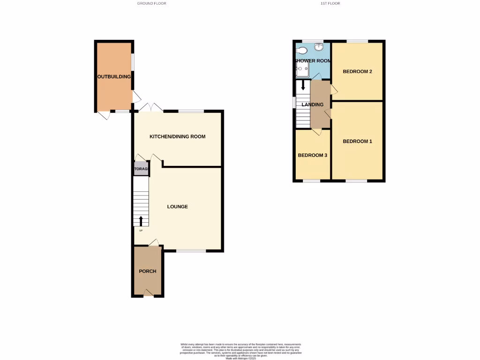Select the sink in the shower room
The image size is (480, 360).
click(318, 46)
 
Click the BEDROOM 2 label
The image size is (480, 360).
click(357, 72)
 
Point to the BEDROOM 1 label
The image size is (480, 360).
click(357, 141)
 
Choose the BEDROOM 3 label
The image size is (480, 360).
click(313, 155)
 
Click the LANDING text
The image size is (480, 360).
click(313, 105)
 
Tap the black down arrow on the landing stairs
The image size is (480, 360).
click(303, 85)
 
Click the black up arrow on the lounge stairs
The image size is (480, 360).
click(141, 221)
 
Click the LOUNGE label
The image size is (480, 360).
click(178, 206)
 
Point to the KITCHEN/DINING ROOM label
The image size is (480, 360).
click(177, 137)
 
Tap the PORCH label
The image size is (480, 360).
click(148, 271)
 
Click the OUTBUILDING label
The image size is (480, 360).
click(114, 76)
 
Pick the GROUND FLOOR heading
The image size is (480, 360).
click(151, 3)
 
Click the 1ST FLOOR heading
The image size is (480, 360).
click(330, 3)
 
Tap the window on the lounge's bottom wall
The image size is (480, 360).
click(191, 251)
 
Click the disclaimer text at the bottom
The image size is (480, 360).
click(240, 351)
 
